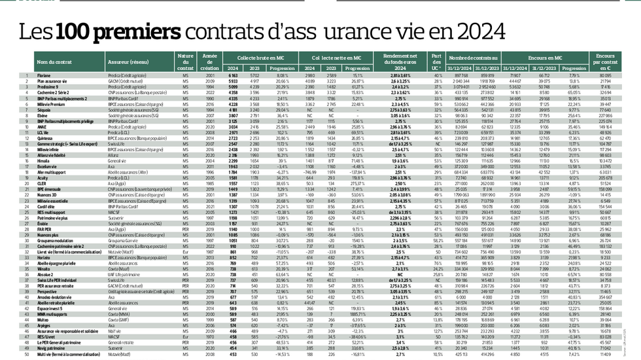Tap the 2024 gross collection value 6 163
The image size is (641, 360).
232,76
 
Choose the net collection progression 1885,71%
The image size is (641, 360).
356,314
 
